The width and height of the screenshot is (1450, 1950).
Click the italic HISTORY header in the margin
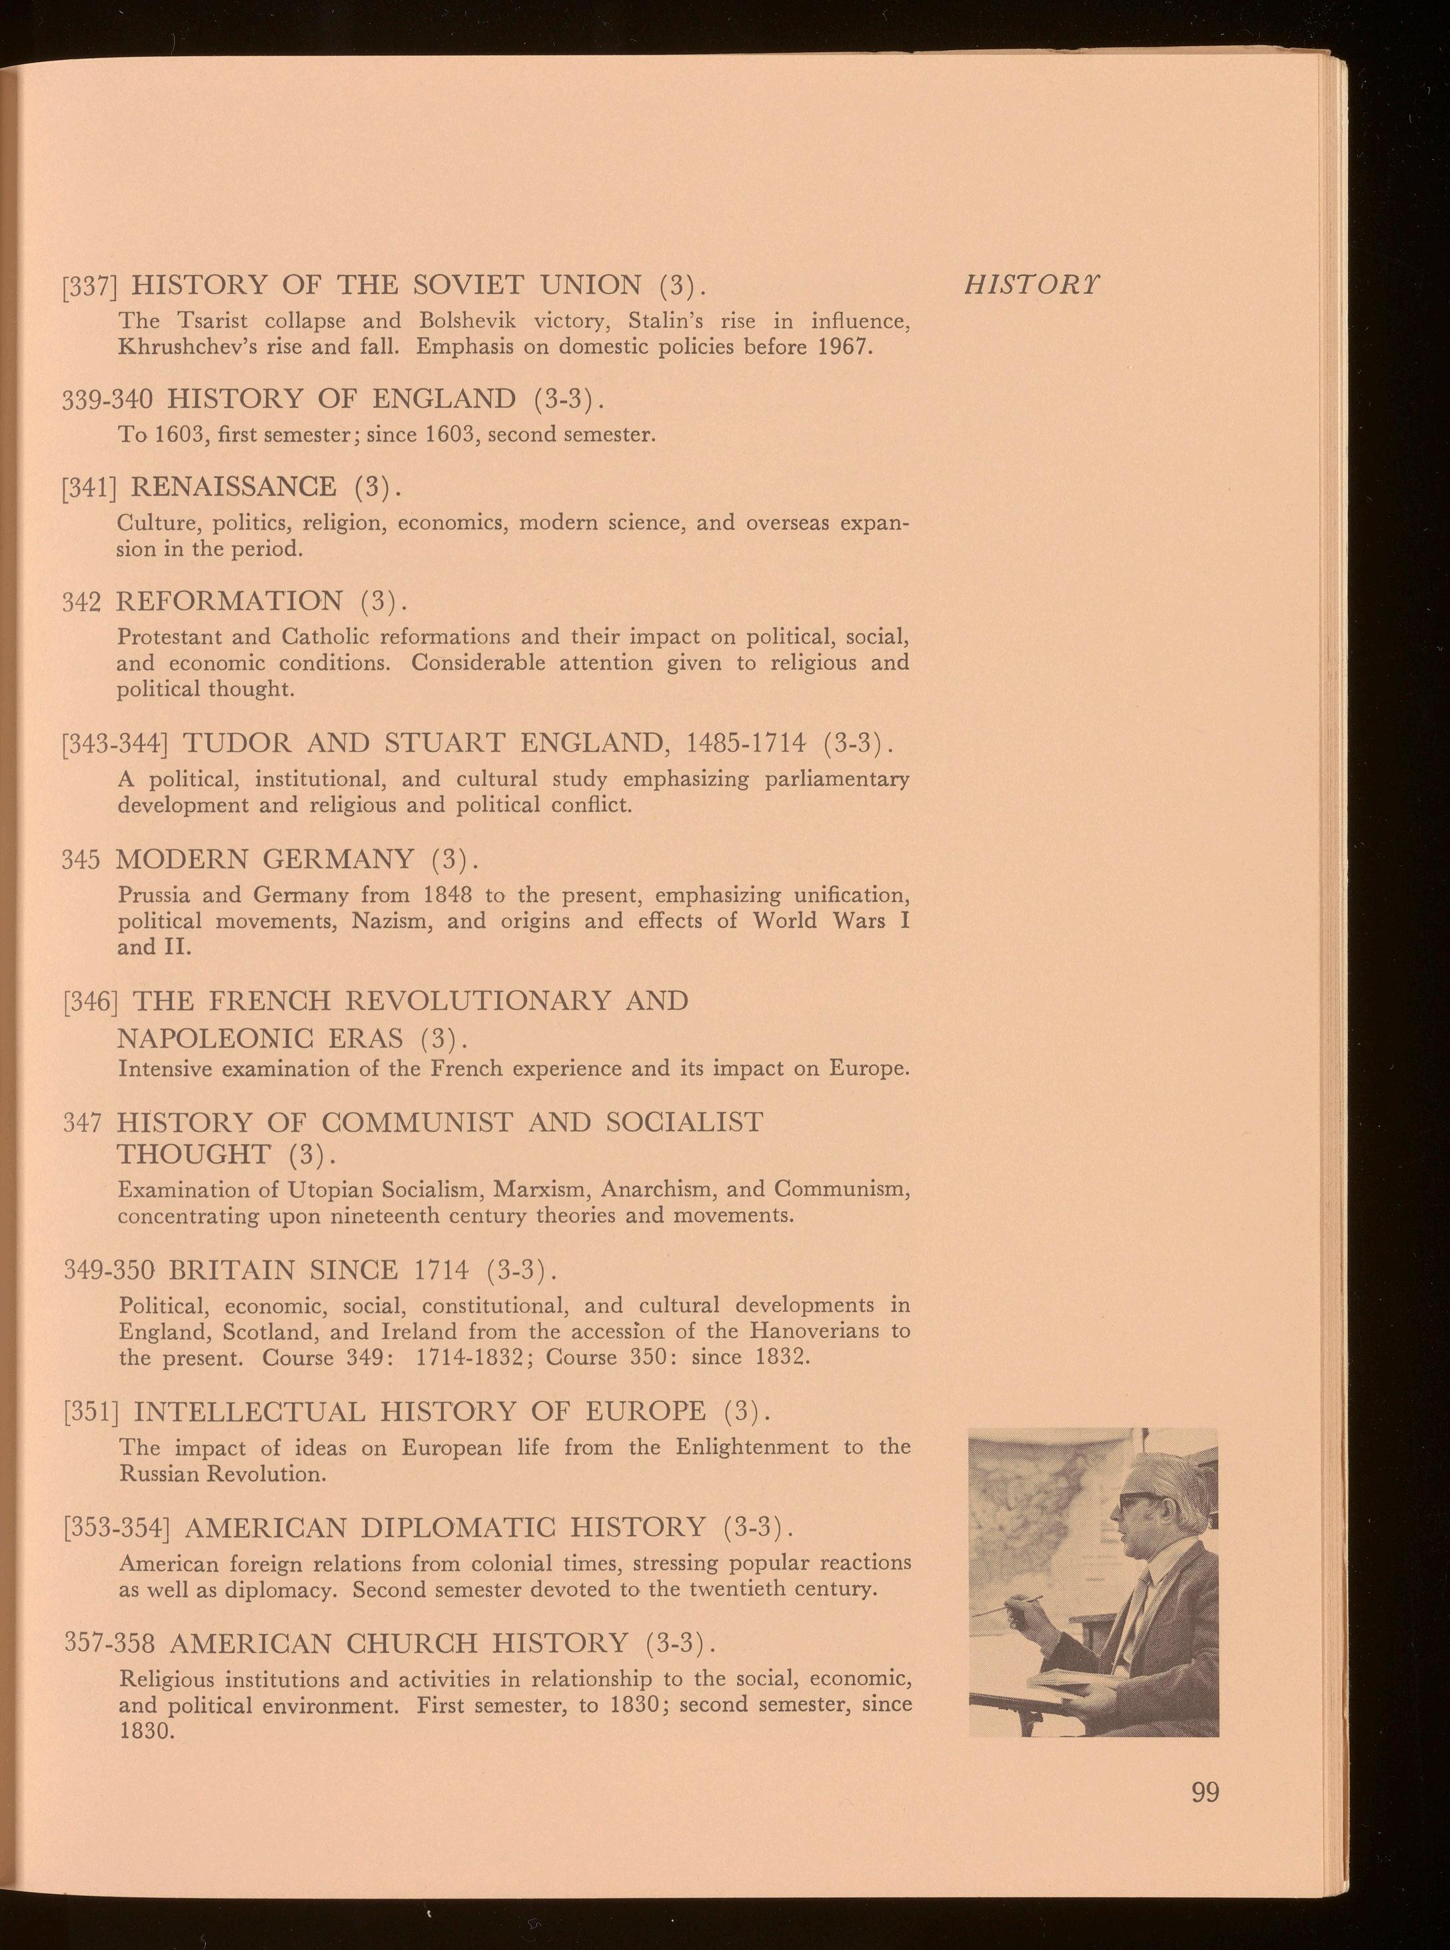[1032, 285]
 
